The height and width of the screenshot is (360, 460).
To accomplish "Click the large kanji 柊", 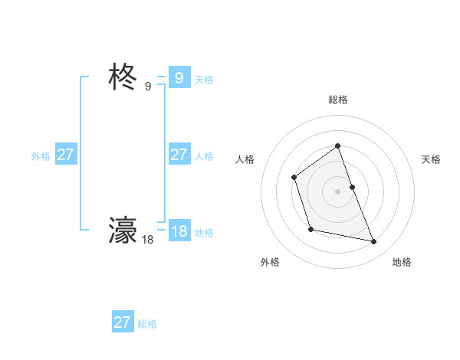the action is (123, 78).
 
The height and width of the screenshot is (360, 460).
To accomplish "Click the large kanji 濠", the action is (123, 230).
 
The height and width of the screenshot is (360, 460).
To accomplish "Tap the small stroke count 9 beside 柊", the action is (148, 87).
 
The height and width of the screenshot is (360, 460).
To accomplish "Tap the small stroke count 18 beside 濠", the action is (148, 240).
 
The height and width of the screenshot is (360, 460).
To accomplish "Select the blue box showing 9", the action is (179, 78).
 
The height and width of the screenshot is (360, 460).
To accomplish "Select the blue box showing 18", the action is (179, 231).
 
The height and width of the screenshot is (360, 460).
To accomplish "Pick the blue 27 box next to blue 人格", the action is (179, 155).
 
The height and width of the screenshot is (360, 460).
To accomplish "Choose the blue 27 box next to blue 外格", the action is (65, 155).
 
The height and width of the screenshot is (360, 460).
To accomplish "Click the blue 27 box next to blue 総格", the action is (122, 322).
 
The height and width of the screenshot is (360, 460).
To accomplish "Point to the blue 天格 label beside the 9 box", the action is (204, 80).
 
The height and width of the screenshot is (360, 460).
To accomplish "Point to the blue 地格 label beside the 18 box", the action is (204, 233).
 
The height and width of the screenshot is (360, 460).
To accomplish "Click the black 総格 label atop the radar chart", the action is (337, 100).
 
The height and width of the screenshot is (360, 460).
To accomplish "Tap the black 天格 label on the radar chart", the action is (431, 159).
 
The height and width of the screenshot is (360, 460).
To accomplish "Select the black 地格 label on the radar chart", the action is (402, 262).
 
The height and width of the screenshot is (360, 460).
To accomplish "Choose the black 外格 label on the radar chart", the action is (270, 262).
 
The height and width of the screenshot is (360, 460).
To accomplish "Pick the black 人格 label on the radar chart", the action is (245, 159).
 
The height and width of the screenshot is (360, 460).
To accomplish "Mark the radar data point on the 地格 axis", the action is (374, 242).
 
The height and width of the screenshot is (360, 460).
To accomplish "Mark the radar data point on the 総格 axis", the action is (337, 146).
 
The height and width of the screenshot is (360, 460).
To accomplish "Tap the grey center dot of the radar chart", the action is (337, 191).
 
